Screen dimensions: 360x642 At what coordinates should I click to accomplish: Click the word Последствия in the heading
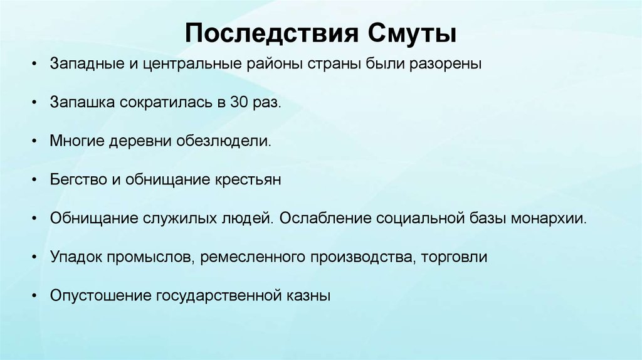click(x=269, y=33)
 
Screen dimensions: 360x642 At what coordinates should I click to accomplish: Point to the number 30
click(x=239, y=103)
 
